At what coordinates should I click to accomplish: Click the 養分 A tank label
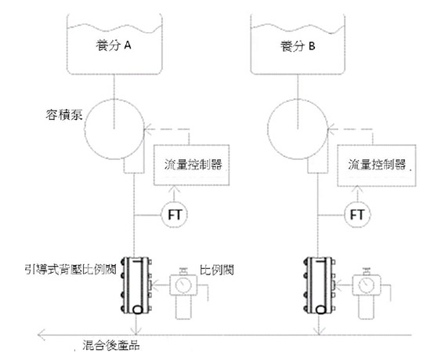pyautogui.click(x=114, y=45)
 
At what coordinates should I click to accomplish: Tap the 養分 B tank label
pyautogui.click(x=298, y=46)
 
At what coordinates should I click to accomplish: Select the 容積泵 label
pyautogui.click(x=64, y=115)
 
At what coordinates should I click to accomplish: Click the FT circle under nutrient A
pyautogui.click(x=174, y=215)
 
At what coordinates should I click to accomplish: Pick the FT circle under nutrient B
pyautogui.click(x=357, y=215)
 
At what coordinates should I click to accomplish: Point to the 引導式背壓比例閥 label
pyautogui.click(x=71, y=269)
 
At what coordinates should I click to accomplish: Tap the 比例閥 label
pyautogui.click(x=217, y=270)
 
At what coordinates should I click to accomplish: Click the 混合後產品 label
pyautogui.click(x=111, y=345)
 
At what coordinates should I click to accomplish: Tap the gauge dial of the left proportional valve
pyautogui.click(x=183, y=285)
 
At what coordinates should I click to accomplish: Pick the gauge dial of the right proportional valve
pyautogui.click(x=366, y=285)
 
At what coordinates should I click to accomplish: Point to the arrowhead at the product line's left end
pyautogui.click(x=42, y=335)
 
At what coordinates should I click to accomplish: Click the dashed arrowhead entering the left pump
pyautogui.click(x=147, y=129)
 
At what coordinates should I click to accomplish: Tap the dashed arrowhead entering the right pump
pyautogui.click(x=331, y=129)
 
